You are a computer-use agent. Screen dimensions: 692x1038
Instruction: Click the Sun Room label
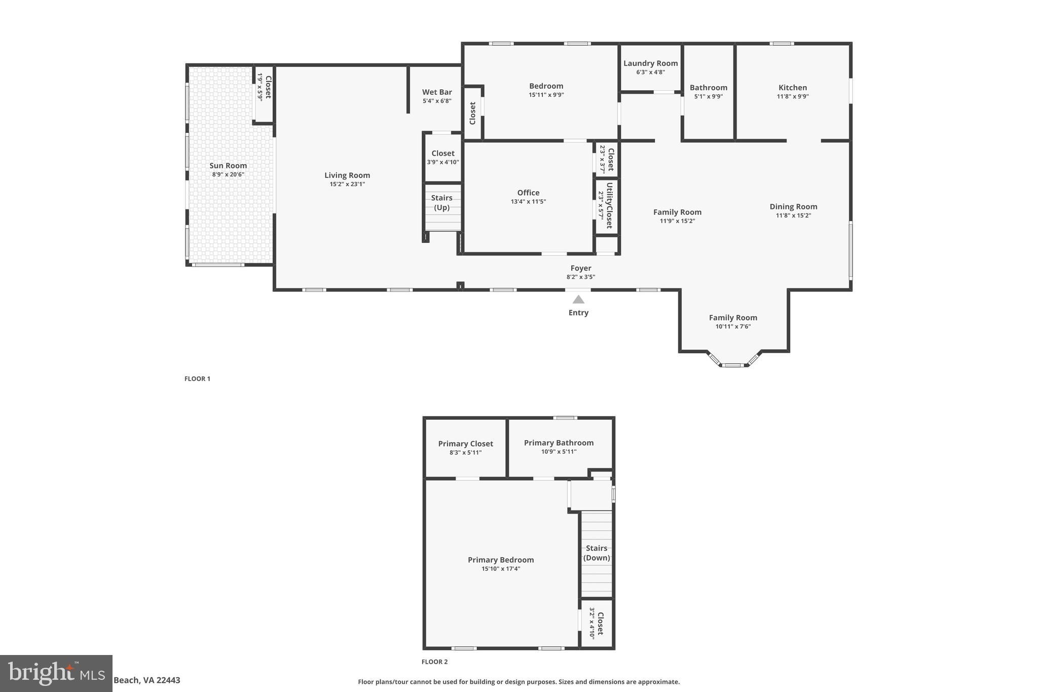click(x=228, y=166)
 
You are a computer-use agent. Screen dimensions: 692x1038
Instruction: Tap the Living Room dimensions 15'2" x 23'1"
click(x=347, y=184)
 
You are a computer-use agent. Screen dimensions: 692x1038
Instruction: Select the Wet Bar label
click(x=437, y=92)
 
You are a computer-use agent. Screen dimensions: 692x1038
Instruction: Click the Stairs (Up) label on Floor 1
click(x=441, y=203)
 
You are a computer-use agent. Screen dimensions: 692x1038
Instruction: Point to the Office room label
click(x=528, y=193)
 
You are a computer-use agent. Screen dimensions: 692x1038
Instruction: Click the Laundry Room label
click(x=650, y=63)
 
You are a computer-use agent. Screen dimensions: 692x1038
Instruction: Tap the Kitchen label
click(x=793, y=88)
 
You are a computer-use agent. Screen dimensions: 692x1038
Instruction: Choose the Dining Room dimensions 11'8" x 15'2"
click(x=793, y=215)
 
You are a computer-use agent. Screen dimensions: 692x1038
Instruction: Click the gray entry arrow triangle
click(x=578, y=300)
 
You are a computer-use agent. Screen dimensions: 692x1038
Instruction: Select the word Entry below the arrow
click(x=578, y=313)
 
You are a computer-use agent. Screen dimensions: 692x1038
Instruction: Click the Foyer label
click(x=581, y=268)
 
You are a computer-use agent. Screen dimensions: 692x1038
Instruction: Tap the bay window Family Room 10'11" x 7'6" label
click(x=733, y=318)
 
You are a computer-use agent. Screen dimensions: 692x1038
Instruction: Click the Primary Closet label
click(x=465, y=444)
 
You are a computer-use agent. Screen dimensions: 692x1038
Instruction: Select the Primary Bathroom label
click(x=559, y=443)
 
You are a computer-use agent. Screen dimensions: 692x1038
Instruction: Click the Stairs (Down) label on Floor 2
click(x=597, y=553)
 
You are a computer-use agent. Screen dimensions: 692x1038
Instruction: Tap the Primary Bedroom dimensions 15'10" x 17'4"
click(x=501, y=569)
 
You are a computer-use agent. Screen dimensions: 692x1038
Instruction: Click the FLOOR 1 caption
click(x=197, y=379)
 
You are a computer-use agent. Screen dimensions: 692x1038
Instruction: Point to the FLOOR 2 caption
click(x=434, y=662)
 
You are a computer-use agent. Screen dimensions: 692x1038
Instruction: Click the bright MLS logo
click(x=56, y=673)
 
